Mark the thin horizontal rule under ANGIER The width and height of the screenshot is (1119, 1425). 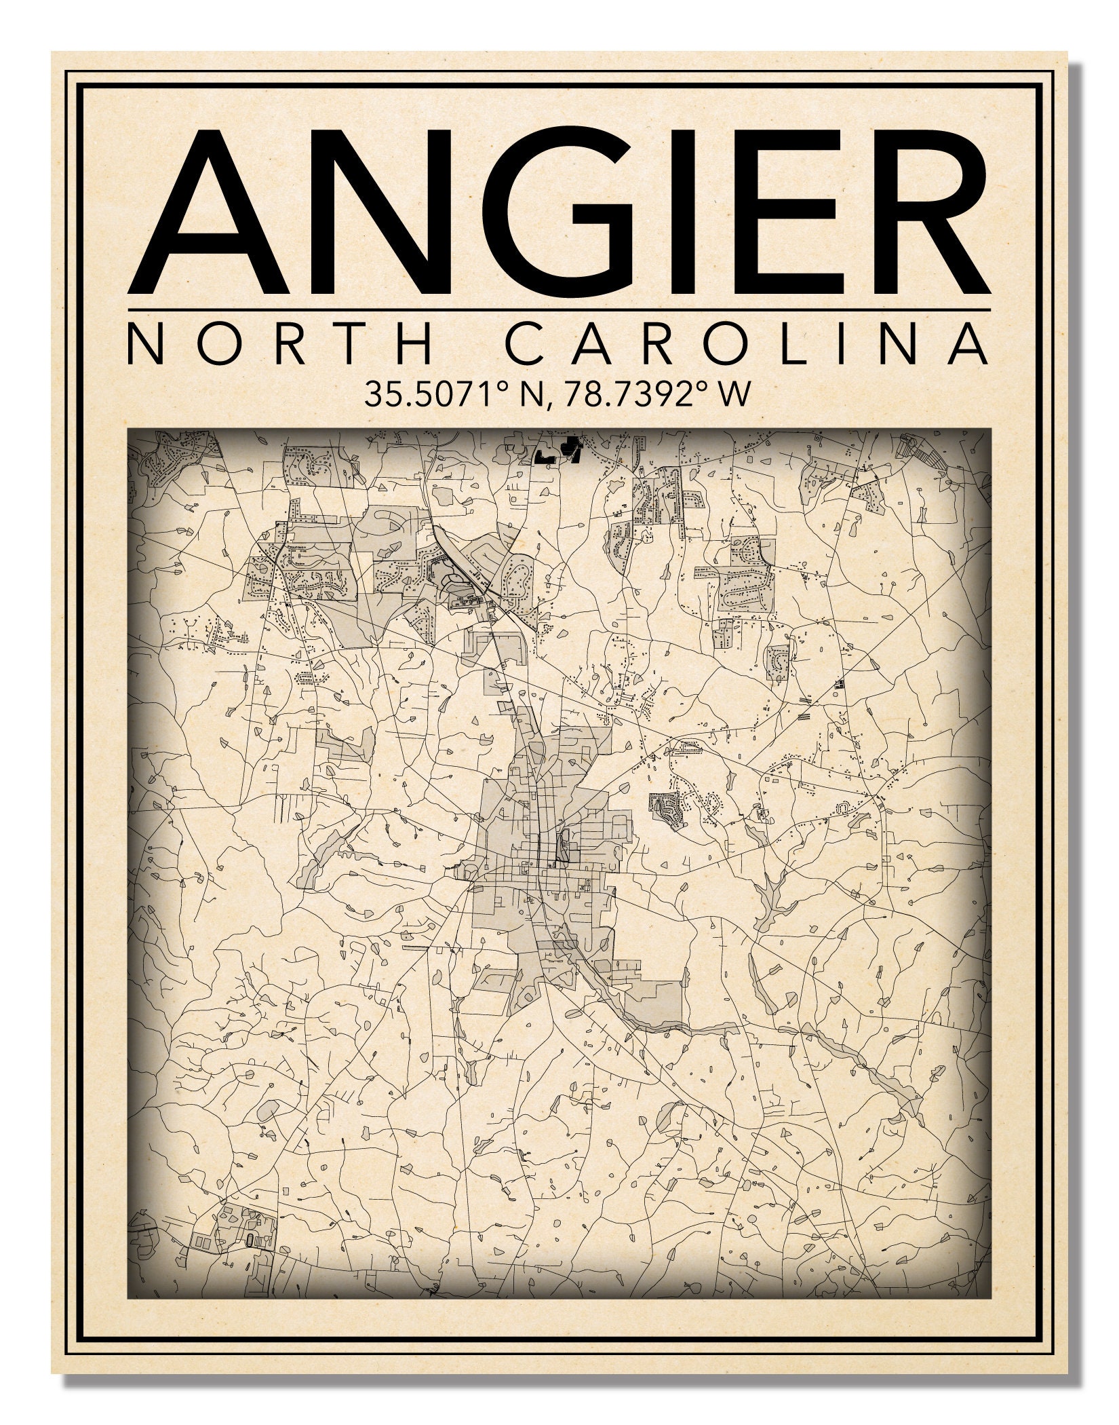pyautogui.click(x=559, y=311)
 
